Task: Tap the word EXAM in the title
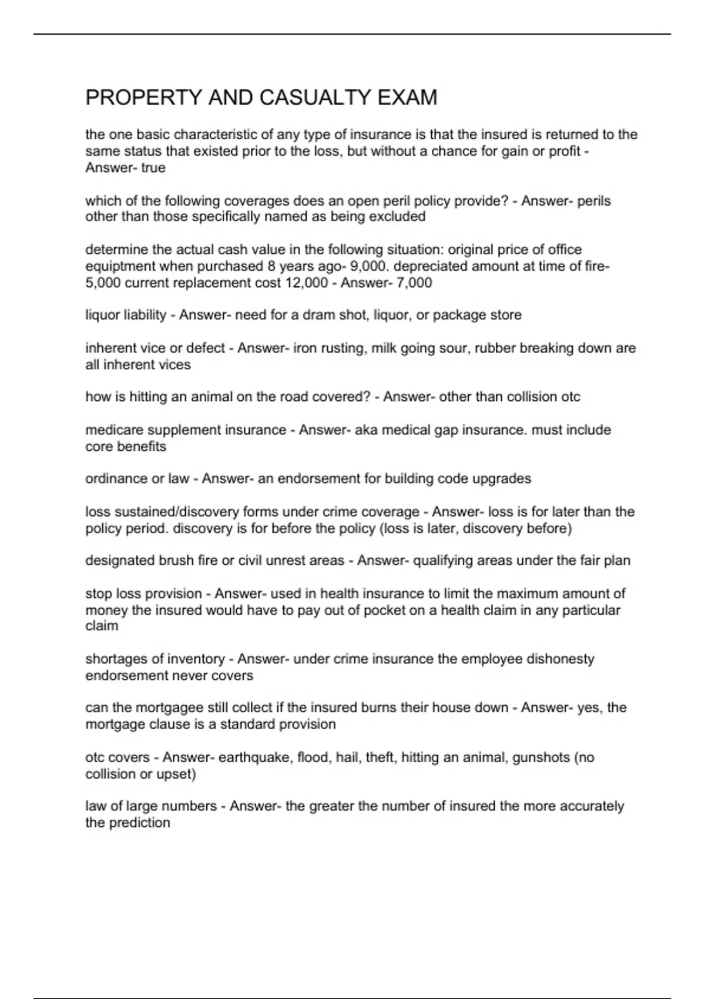click(x=407, y=98)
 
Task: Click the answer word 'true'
click(x=153, y=168)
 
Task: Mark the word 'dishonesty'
click(x=561, y=659)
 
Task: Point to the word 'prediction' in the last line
click(x=140, y=823)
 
